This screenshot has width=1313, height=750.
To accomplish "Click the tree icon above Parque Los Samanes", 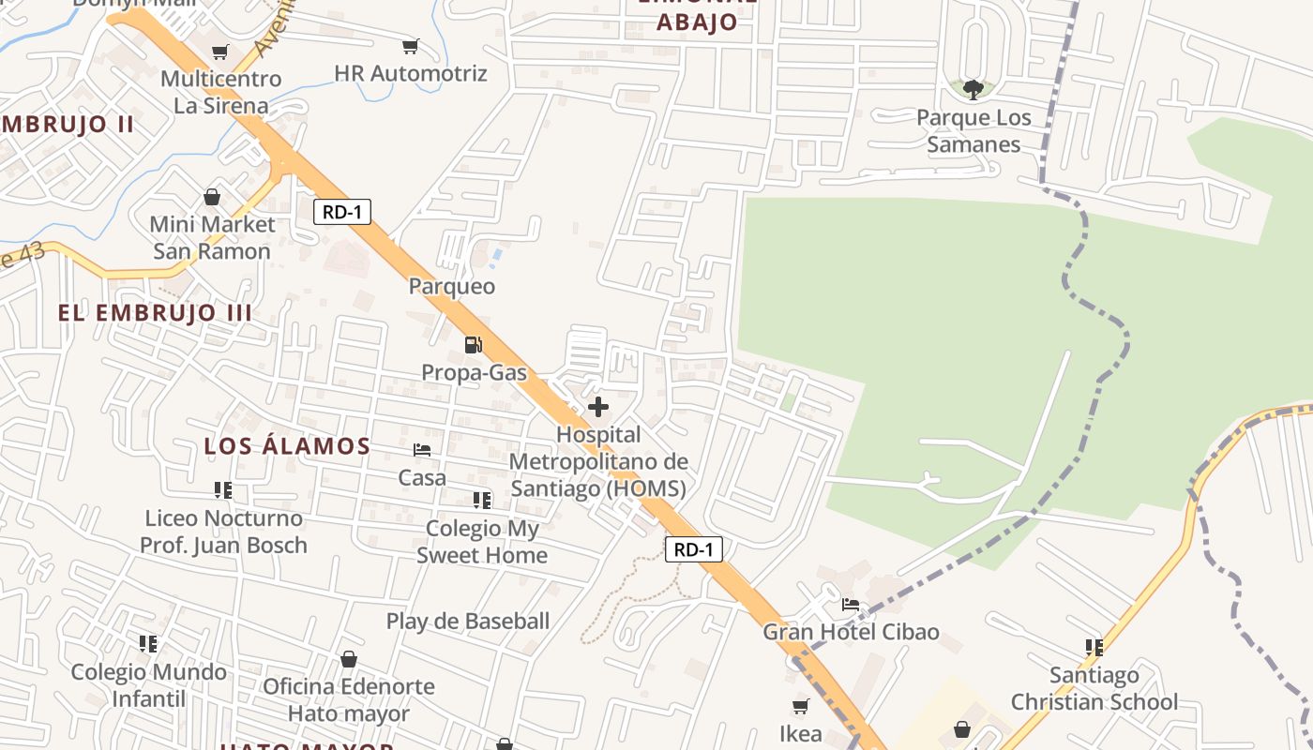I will click(973, 90).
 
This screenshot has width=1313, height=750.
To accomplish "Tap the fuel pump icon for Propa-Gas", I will click(474, 345).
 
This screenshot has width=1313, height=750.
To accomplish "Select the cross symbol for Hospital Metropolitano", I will click(598, 408).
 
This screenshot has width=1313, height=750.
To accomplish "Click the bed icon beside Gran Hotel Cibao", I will click(851, 604).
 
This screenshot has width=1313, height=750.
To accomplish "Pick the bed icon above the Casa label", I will click(422, 451).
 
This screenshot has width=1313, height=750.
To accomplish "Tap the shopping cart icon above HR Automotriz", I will click(410, 46).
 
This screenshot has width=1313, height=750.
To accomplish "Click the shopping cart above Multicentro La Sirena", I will click(220, 52).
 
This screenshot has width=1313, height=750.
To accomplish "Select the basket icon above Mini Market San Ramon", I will click(213, 198).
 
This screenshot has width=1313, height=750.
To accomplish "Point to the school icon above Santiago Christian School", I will click(1094, 647).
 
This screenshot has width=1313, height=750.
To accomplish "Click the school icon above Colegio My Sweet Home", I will click(482, 501).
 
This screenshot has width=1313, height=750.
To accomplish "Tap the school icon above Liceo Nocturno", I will click(223, 490).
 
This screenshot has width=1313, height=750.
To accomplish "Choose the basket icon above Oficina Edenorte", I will click(349, 659).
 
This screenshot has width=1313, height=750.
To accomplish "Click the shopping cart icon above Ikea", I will click(800, 706).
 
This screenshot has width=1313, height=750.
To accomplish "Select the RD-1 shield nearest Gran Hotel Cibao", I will click(694, 549).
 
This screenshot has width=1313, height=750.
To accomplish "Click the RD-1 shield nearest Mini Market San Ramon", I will click(342, 212).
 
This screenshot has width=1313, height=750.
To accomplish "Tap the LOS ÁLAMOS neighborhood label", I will click(287, 446).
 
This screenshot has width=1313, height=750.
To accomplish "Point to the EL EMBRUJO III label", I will click(155, 313).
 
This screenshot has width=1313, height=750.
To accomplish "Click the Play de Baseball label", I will click(468, 621).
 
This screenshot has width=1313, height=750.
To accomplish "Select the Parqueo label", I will click(452, 286).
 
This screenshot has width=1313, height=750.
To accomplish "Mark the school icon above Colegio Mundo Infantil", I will click(148, 644).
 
